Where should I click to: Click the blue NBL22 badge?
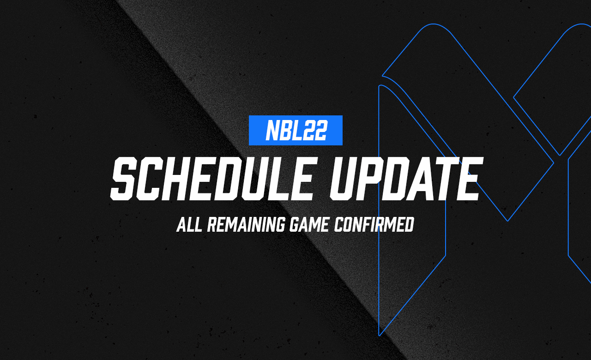point(295,130)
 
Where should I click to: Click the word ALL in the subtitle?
point(189,225)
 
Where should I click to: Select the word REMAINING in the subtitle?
point(247,225)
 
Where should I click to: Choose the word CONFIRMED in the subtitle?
point(374,225)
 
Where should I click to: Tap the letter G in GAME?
point(295,225)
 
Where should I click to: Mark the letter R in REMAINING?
point(213,225)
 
